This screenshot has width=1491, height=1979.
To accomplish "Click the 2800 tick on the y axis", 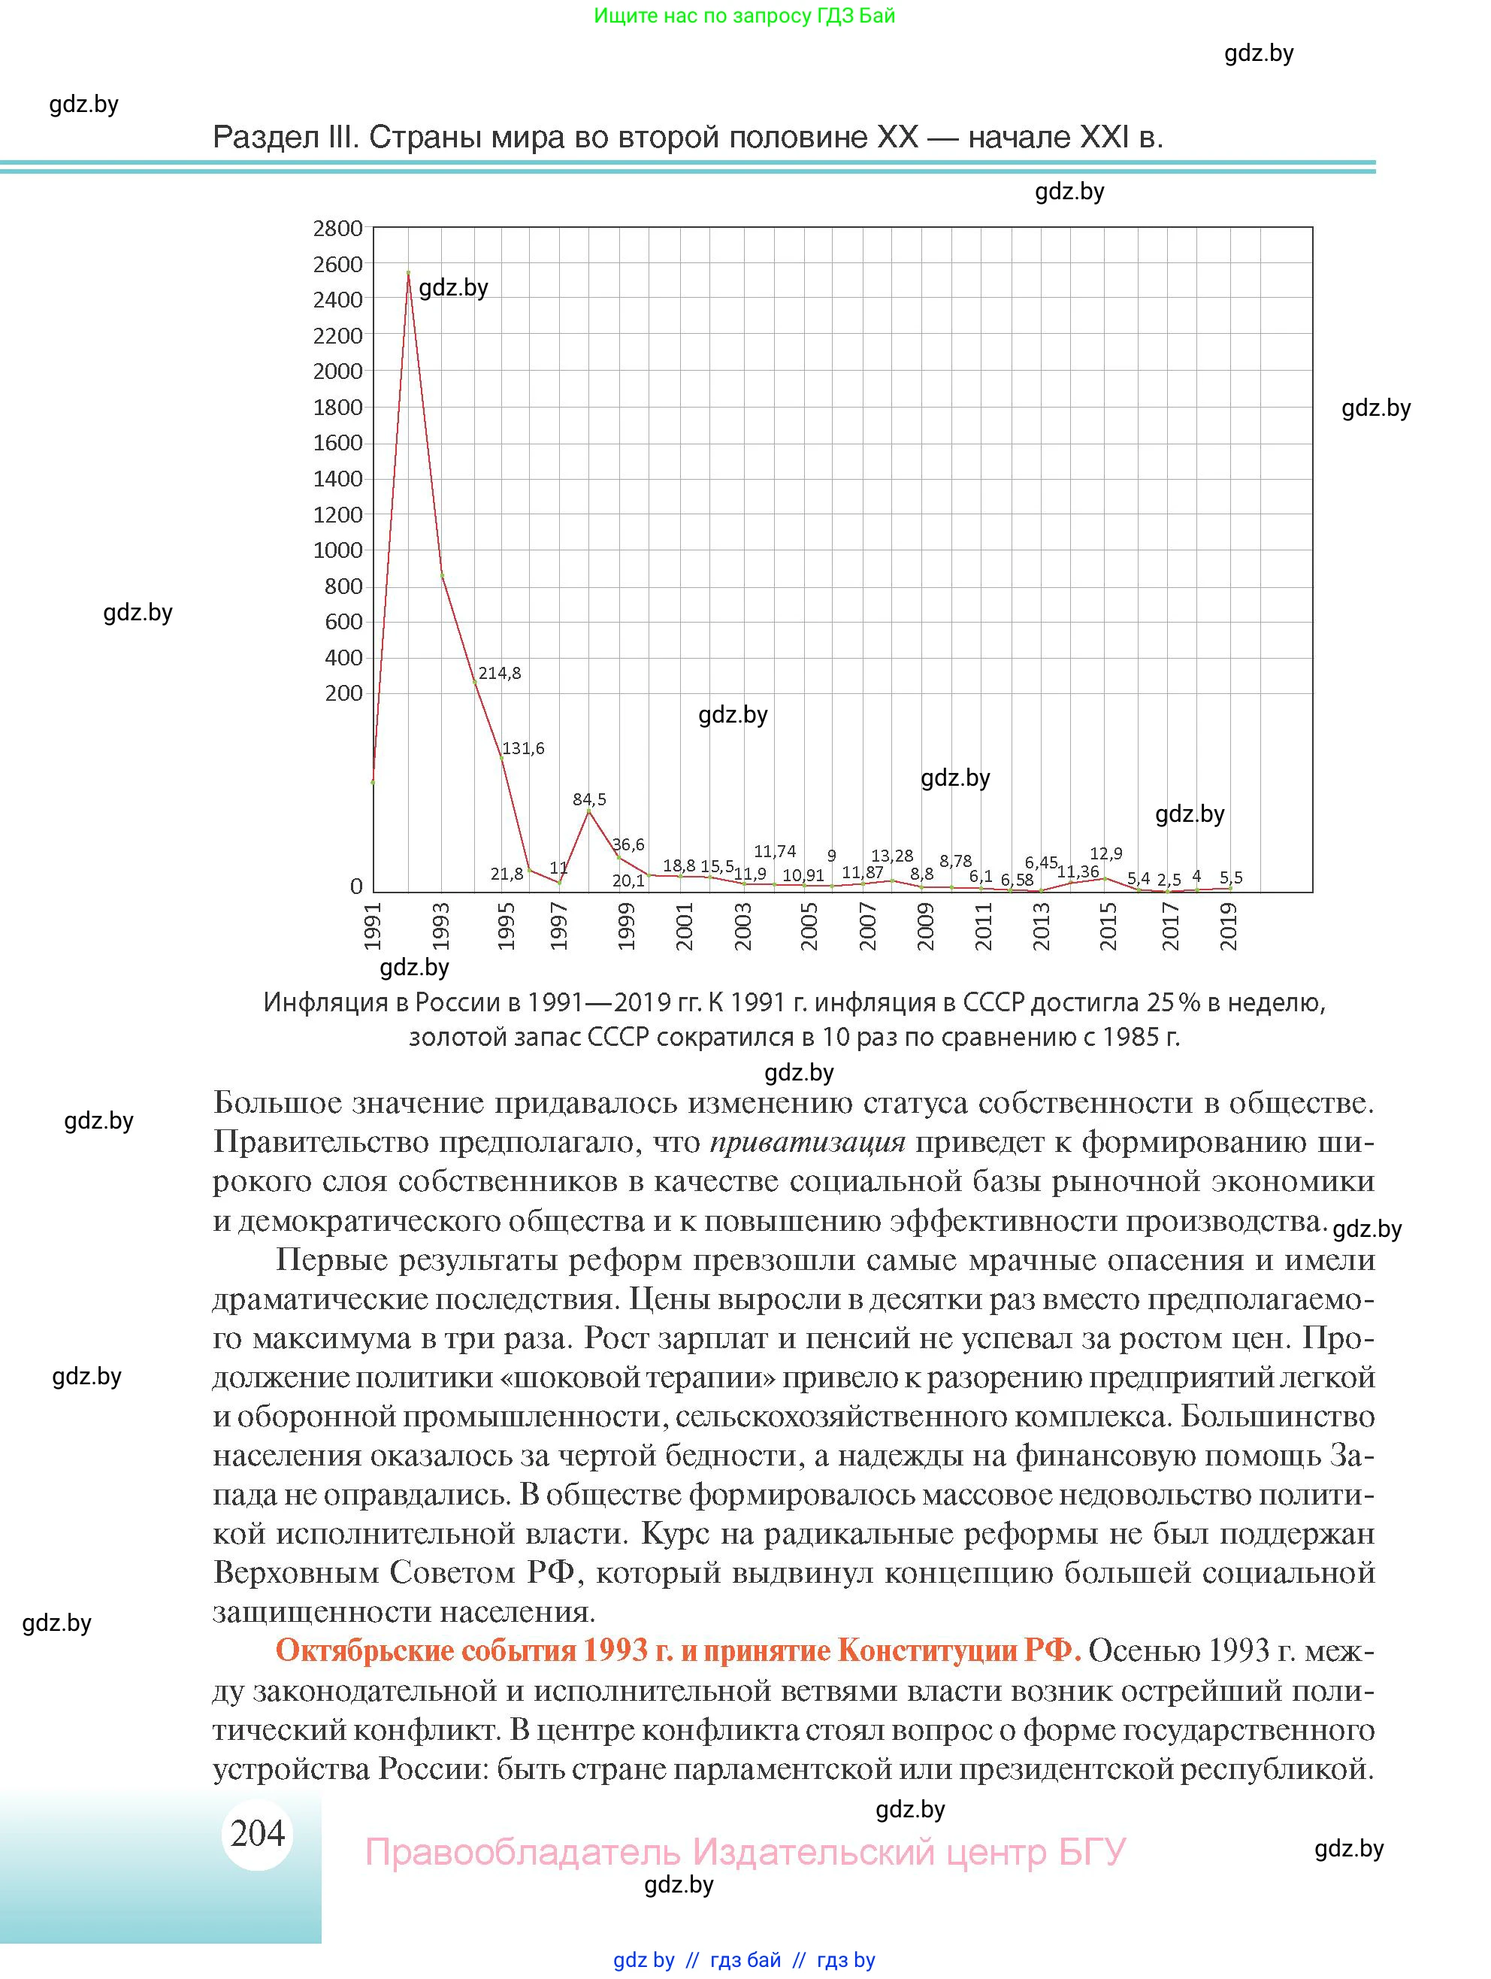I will (337, 229).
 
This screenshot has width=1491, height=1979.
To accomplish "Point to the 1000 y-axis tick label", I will (337, 550).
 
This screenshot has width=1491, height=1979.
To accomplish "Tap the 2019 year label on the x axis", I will (1229, 926).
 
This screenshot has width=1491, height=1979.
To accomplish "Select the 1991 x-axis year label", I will (373, 926).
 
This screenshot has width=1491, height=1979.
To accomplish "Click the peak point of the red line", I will (408, 272).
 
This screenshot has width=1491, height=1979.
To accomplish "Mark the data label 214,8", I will (499, 674).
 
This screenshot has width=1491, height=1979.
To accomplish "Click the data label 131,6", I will (523, 748).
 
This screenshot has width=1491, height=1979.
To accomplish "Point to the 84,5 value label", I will (589, 799).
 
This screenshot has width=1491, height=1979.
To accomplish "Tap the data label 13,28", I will (892, 856).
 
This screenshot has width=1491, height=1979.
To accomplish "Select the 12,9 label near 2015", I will (1105, 853).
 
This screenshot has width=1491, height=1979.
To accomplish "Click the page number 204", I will (258, 1833).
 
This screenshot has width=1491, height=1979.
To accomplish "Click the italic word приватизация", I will (808, 1141).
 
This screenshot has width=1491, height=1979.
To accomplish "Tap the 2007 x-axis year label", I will (867, 926).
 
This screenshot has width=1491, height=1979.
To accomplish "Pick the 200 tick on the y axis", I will (343, 693).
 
